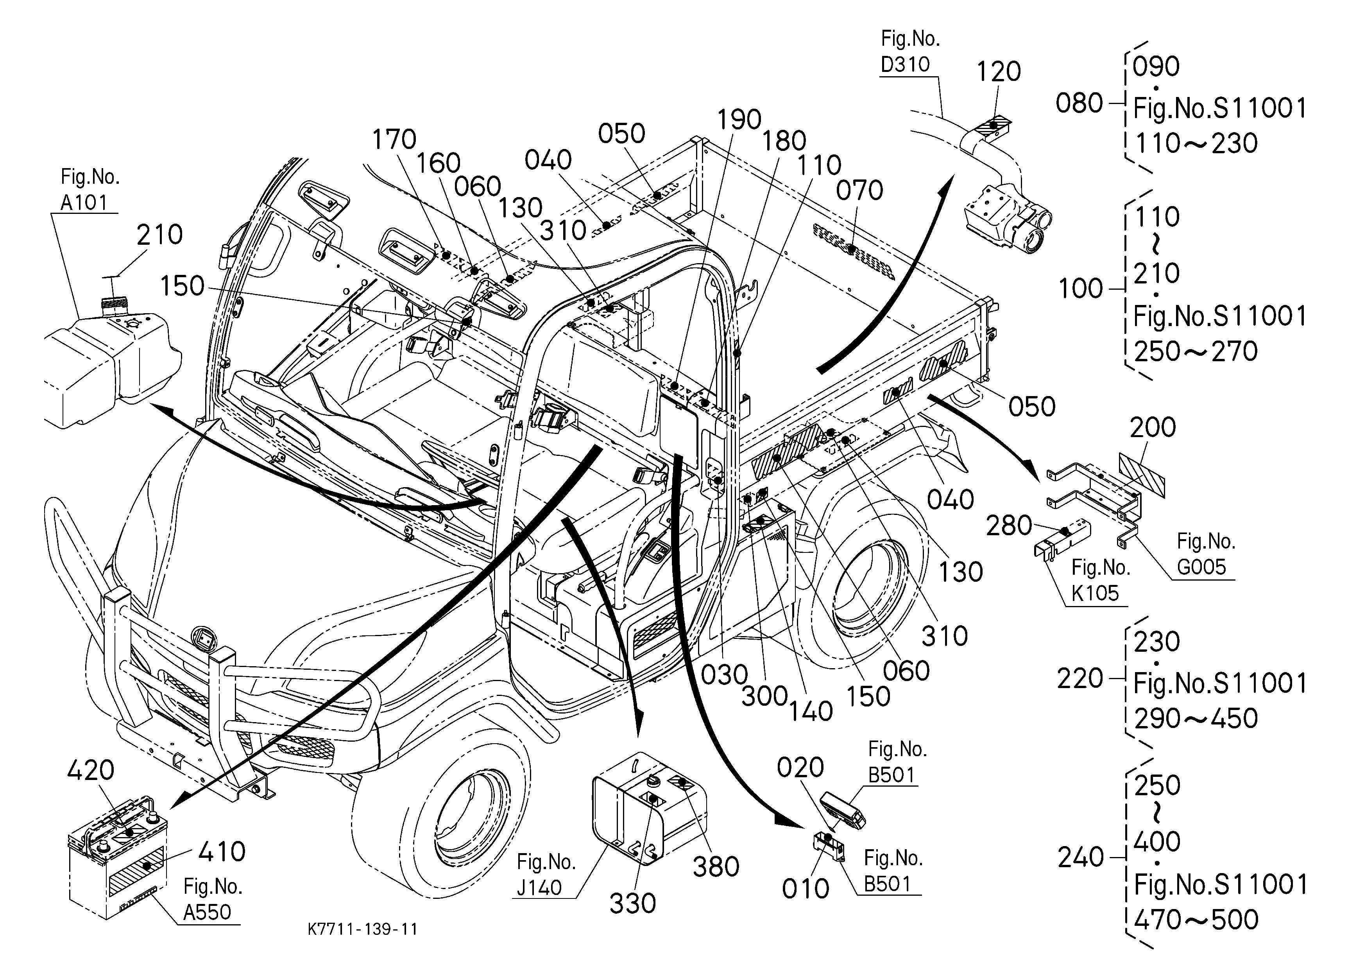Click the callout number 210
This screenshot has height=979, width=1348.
pyautogui.click(x=159, y=235)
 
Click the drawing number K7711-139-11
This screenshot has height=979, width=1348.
pyautogui.click(x=363, y=929)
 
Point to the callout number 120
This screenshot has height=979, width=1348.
pyautogui.click(x=999, y=71)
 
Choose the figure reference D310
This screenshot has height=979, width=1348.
pyautogui.click(x=905, y=64)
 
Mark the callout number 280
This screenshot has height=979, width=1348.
pyautogui.click(x=1009, y=525)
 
